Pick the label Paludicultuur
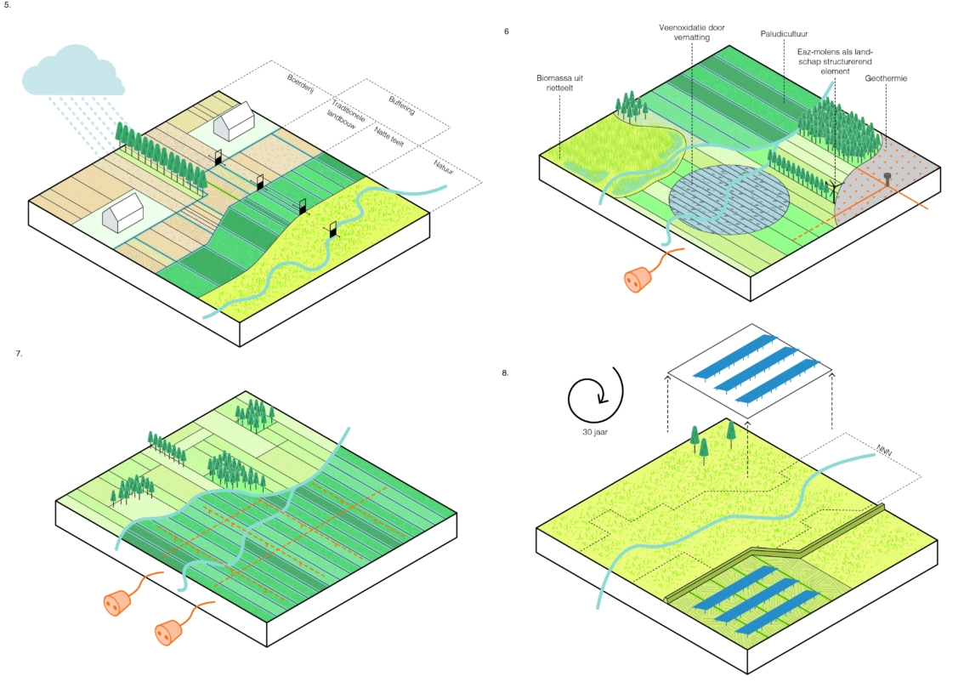783,36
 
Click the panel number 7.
19,353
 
